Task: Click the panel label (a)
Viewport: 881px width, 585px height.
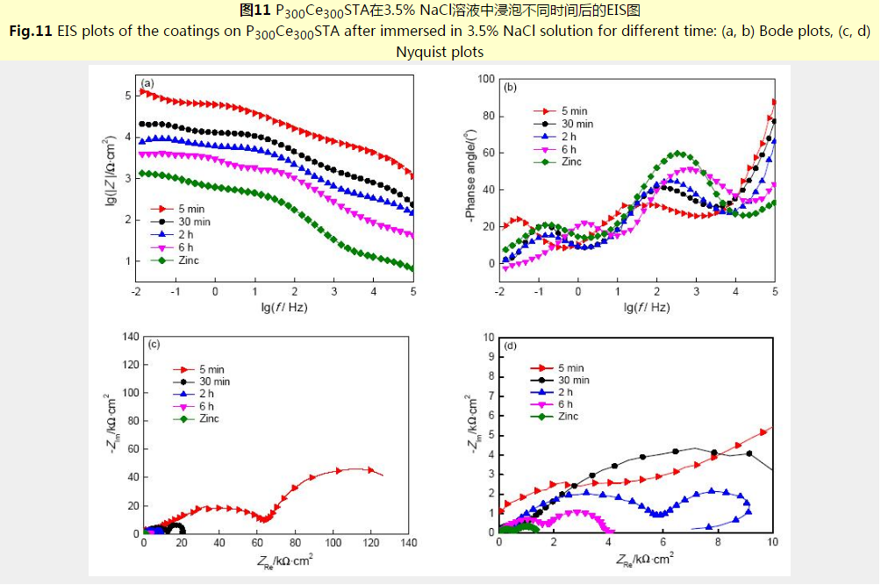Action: pyautogui.click(x=148, y=83)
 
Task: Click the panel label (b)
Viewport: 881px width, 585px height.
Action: pyautogui.click(x=510, y=87)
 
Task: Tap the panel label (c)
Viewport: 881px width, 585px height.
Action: pyautogui.click(x=154, y=345)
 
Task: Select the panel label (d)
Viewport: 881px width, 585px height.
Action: pyautogui.click(x=511, y=346)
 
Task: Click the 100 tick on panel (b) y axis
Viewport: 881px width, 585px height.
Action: pyautogui.click(x=485, y=79)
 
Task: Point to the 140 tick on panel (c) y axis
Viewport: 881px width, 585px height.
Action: pyautogui.click(x=129, y=336)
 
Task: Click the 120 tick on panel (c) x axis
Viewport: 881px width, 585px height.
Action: pyautogui.click(x=371, y=545)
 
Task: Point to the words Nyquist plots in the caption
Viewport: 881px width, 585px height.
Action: pyautogui.click(x=440, y=52)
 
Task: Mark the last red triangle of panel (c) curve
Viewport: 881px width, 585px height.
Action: pyautogui.click(x=370, y=470)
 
